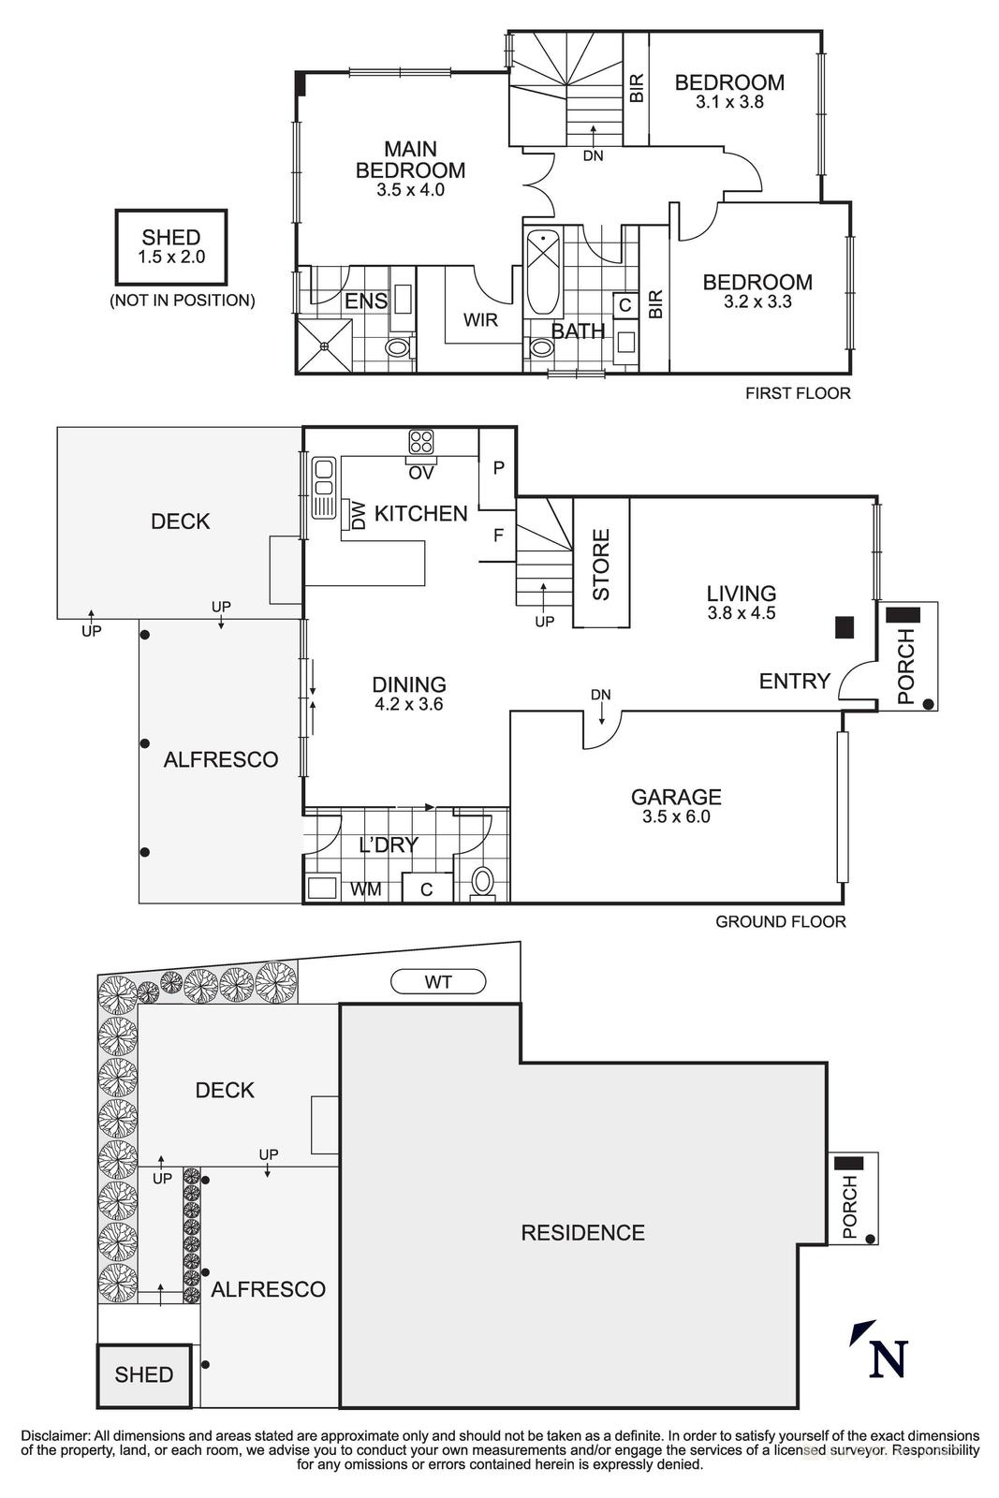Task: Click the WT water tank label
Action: click(x=438, y=982)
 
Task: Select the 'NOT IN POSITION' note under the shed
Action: click(x=182, y=301)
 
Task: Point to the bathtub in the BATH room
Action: click(x=543, y=272)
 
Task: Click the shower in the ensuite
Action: click(x=324, y=346)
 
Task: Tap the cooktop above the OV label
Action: click(x=420, y=441)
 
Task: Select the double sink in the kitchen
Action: click(x=324, y=487)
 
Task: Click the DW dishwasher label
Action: click(x=358, y=515)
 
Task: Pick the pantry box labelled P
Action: click(x=497, y=468)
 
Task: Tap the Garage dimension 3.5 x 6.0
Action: click(x=676, y=816)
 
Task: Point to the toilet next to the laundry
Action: click(x=483, y=881)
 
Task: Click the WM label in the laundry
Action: click(x=365, y=889)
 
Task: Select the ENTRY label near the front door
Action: click(x=794, y=682)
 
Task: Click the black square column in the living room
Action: click(x=845, y=627)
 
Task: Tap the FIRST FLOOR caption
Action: click(x=798, y=393)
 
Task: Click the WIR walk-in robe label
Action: click(x=480, y=320)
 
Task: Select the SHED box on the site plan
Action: click(x=144, y=1374)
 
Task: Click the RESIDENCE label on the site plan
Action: click(x=582, y=1233)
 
